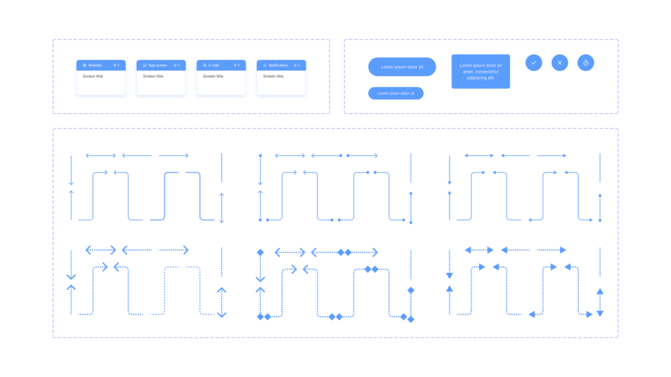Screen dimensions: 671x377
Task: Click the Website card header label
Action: [x=95, y=65]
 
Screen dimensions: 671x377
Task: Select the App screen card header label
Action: [x=157, y=65]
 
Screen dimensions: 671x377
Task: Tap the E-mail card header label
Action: [x=214, y=65]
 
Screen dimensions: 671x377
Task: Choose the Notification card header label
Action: [x=278, y=65]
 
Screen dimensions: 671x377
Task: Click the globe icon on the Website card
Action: [x=85, y=65]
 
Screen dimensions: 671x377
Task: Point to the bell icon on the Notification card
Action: [x=265, y=65]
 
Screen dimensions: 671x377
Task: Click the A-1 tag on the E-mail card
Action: [x=237, y=65]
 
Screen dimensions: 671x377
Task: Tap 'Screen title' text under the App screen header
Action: [x=153, y=76]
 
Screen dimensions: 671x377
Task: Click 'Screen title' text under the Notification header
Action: [x=273, y=76]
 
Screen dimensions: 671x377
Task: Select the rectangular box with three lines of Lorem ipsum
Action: [x=480, y=71]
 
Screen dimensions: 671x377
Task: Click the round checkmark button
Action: [x=533, y=63]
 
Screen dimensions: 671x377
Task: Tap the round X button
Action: [x=560, y=63]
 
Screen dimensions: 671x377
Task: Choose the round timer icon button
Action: [x=585, y=63]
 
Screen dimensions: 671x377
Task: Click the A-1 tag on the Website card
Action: [x=117, y=65]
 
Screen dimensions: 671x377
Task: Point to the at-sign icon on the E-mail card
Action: [x=204, y=65]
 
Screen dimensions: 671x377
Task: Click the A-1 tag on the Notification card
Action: [x=297, y=65]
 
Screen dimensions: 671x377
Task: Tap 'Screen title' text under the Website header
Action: [x=93, y=76]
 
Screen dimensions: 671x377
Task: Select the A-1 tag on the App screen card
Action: [x=176, y=65]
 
